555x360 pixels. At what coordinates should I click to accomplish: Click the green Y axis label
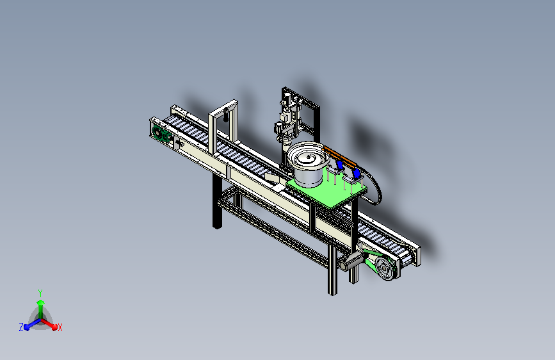40,293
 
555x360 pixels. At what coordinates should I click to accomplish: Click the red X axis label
60,328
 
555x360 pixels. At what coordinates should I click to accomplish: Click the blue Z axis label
21,327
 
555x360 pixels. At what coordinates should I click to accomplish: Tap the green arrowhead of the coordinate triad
41,303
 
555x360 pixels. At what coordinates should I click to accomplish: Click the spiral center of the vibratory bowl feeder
309,158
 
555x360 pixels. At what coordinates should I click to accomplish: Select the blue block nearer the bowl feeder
340,165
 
